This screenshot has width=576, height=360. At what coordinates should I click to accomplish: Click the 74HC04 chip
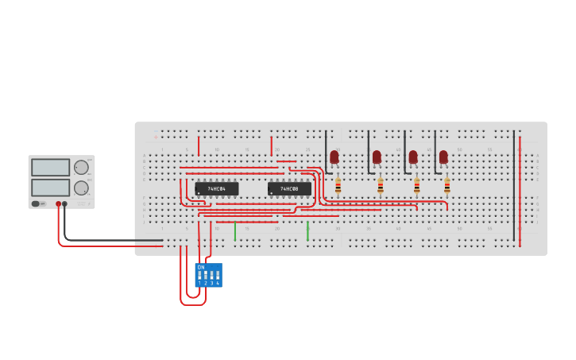216,188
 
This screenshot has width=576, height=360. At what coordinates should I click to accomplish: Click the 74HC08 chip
289,188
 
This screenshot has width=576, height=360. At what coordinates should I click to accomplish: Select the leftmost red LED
334,157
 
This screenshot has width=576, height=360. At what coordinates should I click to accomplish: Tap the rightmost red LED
443,157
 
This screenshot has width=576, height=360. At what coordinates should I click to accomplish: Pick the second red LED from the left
377,157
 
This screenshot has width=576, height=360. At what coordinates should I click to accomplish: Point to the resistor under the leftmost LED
338,187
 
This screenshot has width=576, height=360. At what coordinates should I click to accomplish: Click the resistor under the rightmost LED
446,187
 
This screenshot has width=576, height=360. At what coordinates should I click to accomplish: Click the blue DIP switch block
208,275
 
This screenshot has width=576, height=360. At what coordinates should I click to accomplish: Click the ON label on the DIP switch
200,267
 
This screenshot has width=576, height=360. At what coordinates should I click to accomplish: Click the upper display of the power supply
51,168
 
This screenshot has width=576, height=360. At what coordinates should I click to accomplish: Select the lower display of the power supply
51,188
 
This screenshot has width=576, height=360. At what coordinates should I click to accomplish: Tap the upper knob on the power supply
81,168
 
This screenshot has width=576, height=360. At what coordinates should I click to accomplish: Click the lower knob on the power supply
81,188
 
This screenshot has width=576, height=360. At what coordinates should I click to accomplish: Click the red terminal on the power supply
58,204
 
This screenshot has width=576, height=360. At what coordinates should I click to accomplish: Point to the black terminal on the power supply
65,204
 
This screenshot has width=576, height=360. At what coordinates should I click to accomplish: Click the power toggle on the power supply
37,203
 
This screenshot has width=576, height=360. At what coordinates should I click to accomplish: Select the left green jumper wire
235,231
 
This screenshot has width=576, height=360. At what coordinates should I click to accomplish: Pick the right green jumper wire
307,231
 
